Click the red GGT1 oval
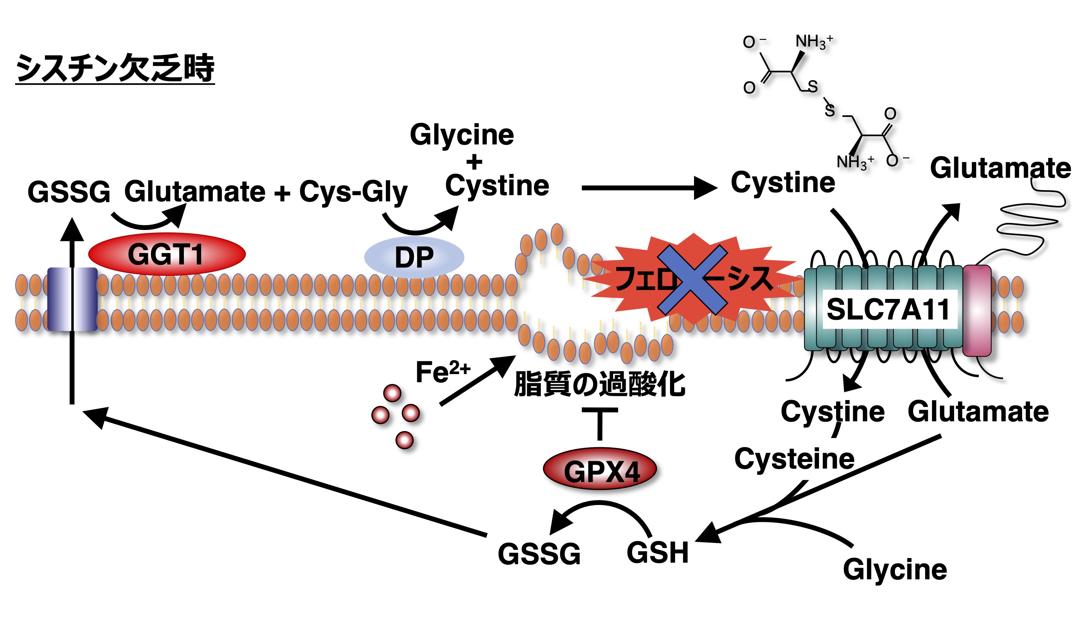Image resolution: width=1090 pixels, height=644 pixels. click(x=166, y=254)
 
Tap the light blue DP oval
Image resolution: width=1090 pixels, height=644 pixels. click(x=414, y=258)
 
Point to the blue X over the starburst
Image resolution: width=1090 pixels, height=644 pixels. click(x=692, y=280)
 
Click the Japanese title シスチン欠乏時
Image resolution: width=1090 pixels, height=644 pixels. click(x=115, y=68)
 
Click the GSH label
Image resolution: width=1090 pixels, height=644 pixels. click(x=657, y=553)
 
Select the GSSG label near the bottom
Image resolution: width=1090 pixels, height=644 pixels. click(x=539, y=554)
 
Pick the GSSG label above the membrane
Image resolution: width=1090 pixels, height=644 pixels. click(x=69, y=192)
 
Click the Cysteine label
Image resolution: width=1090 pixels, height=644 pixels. click(x=794, y=459)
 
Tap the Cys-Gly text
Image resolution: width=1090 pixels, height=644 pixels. click(x=353, y=192)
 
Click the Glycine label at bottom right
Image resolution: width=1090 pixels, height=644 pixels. click(x=895, y=569)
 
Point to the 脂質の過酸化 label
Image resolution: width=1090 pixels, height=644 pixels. click(x=599, y=384)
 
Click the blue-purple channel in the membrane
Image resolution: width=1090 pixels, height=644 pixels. click(x=72, y=299)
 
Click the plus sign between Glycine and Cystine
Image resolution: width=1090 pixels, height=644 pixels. click(x=474, y=162)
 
